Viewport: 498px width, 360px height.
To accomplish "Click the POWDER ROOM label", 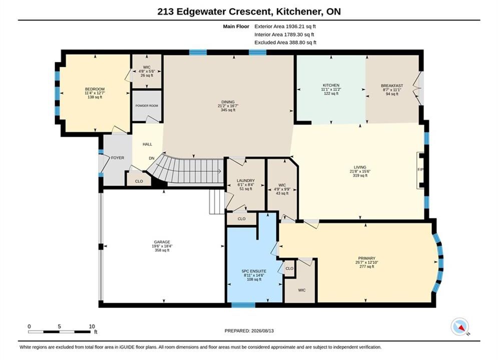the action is click(x=147, y=105).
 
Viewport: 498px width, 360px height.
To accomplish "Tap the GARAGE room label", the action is click(x=162, y=242).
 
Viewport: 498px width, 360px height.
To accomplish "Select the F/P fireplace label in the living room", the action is click(x=420, y=169).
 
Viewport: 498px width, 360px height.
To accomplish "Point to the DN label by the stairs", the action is click(x=152, y=158).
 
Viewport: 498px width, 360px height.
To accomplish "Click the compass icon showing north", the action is click(x=459, y=326).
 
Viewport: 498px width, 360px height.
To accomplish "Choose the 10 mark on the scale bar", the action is click(x=92, y=326).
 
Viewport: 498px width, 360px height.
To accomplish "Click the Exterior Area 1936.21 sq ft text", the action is click(x=285, y=26).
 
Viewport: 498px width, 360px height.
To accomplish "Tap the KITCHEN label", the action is click(x=331, y=85).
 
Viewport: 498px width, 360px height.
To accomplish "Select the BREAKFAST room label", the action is click(x=392, y=85).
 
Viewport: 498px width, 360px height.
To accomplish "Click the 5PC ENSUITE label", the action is click(x=254, y=271).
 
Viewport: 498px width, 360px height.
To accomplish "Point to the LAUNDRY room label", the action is click(x=246, y=180).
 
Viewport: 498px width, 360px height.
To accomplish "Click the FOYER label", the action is click(x=118, y=157).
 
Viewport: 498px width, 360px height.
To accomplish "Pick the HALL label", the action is click(x=147, y=144).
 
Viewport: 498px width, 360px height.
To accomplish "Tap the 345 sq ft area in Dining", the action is click(x=228, y=110).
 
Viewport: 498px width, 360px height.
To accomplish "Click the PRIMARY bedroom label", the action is click(x=367, y=258).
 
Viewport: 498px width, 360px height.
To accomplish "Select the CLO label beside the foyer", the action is click(x=139, y=181).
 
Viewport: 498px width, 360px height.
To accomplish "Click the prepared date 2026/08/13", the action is click(x=262, y=331).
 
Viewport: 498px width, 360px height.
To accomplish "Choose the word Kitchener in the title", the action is click(x=298, y=11).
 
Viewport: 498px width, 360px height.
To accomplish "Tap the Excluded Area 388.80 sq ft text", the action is click(x=285, y=42).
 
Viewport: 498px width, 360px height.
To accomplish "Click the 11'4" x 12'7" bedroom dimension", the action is click(x=95, y=93).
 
